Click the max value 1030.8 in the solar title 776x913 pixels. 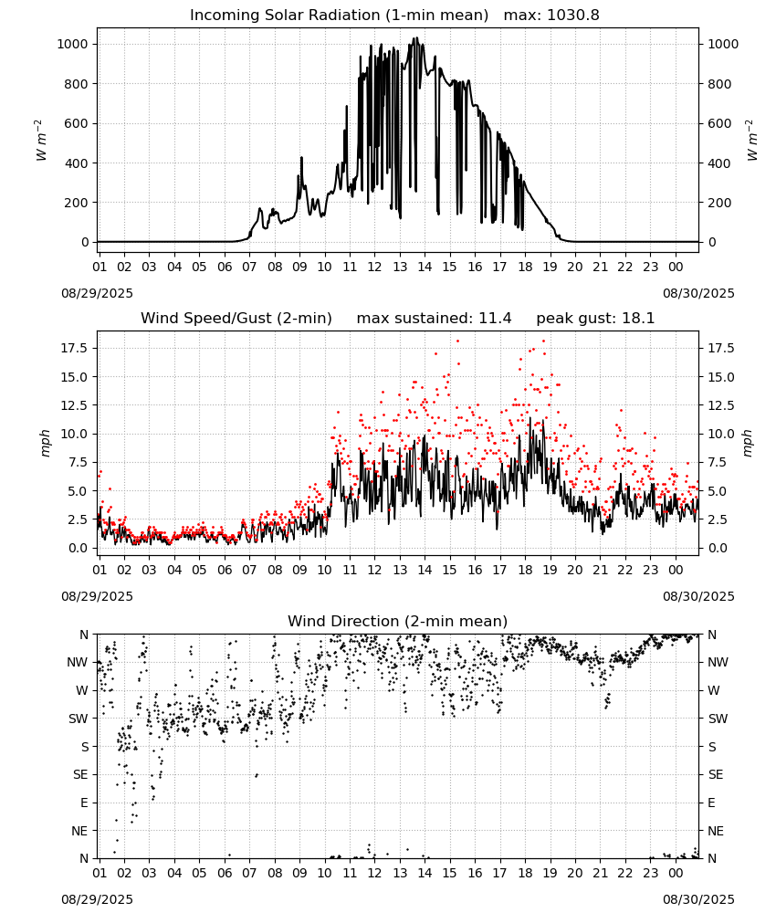click(x=572, y=16)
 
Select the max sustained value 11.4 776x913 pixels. click(x=495, y=319)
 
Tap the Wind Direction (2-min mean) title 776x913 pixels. click(x=398, y=621)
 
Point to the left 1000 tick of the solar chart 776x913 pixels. click(x=72, y=44)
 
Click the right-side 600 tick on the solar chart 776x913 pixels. click(x=719, y=123)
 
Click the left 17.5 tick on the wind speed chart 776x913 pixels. click(x=75, y=348)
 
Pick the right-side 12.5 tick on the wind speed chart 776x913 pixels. click(x=721, y=405)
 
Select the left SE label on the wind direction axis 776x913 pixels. click(x=80, y=774)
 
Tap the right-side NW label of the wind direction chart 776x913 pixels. click(x=718, y=662)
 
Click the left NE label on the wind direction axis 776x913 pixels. click(x=79, y=831)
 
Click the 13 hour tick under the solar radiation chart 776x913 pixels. click(x=400, y=267)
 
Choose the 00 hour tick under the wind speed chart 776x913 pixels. click(x=676, y=570)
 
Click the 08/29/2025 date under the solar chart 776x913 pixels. click(x=97, y=293)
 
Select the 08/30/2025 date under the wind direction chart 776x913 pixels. click(x=698, y=899)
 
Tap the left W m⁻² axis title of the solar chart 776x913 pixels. click(x=41, y=141)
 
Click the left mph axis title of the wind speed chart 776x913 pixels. click(x=46, y=443)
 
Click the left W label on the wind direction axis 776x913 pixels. click(x=82, y=690)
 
